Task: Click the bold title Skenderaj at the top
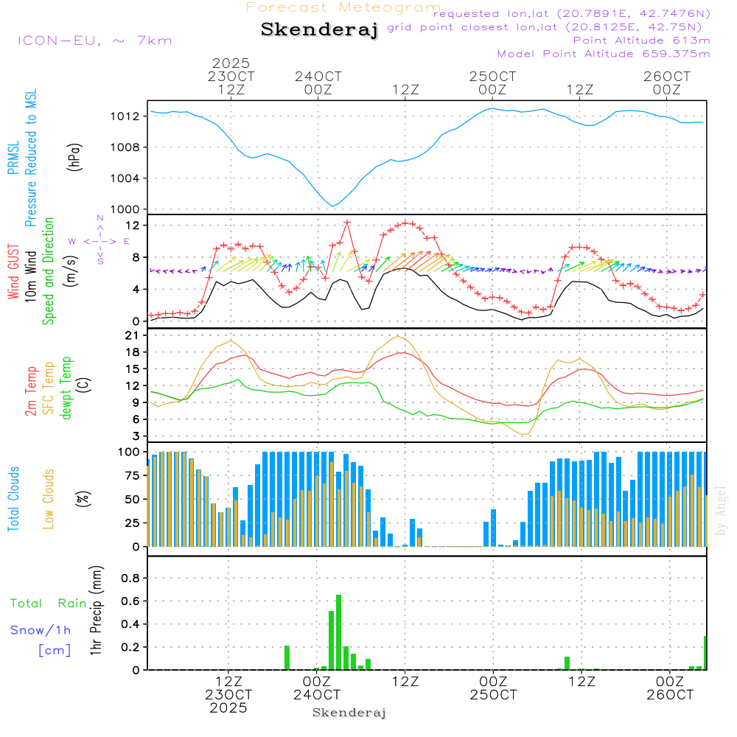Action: [319, 29]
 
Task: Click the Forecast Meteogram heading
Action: [343, 7]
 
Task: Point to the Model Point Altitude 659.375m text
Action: [604, 53]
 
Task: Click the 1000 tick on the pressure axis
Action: [130, 209]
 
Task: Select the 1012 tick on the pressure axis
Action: [130, 116]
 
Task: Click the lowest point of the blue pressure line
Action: [333, 206]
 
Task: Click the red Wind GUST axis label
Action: [13, 273]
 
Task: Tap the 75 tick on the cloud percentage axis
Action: [133, 476]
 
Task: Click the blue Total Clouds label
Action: [13, 499]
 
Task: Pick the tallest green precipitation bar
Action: [339, 631]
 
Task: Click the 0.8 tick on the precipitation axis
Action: [131, 578]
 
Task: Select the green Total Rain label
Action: [48, 603]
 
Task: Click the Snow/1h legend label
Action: [41, 630]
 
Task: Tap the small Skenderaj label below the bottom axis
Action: [349, 713]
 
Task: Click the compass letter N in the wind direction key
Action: [100, 219]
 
